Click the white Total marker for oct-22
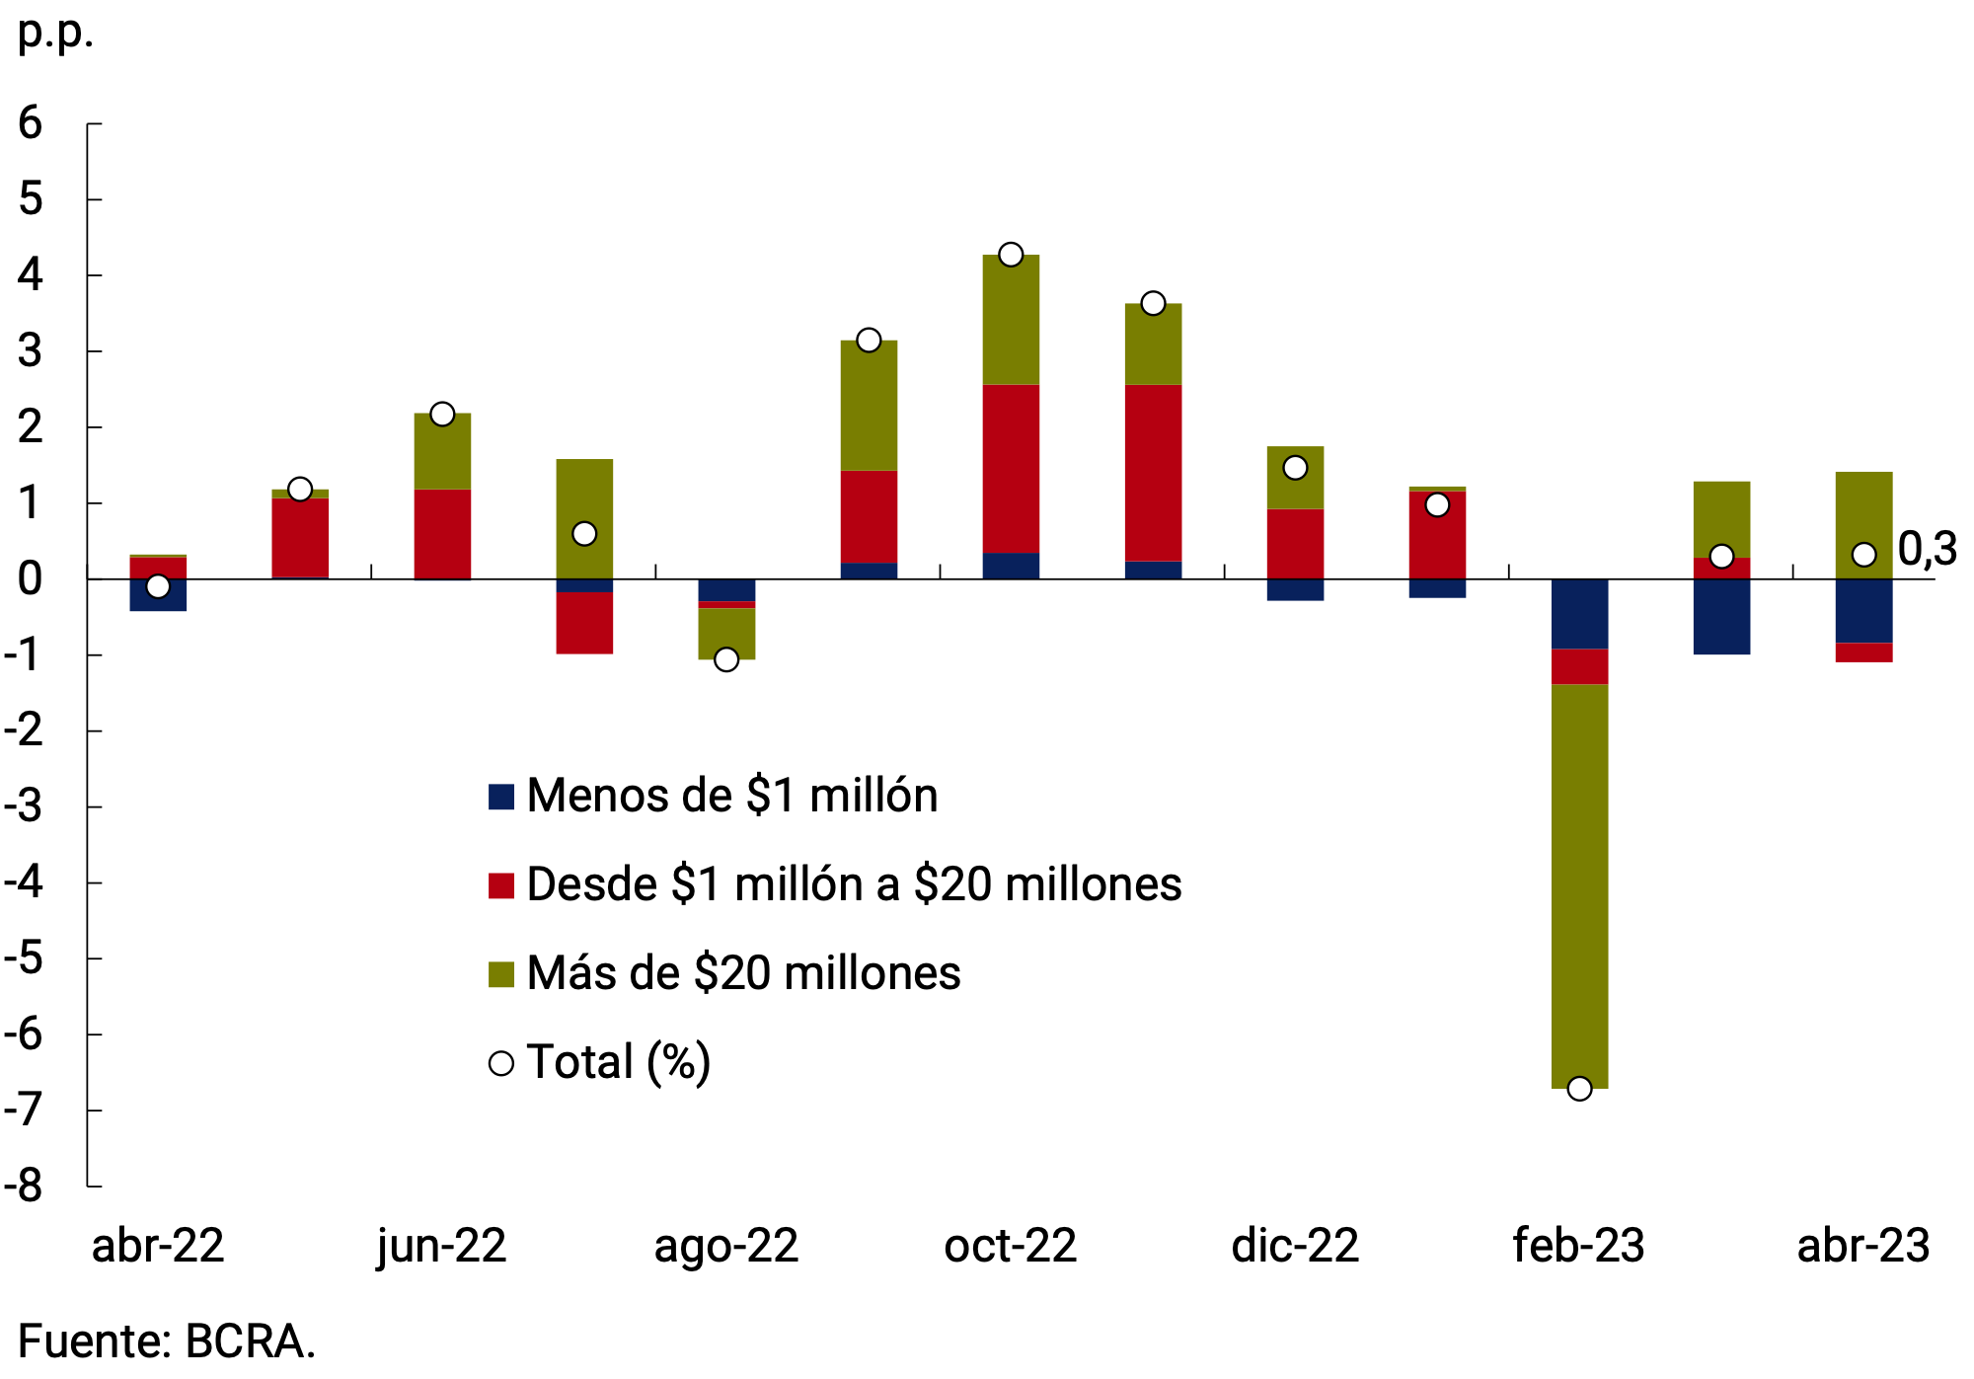tap(1011, 255)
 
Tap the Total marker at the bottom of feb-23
tap(1579, 1089)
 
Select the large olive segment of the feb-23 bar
tap(1579, 885)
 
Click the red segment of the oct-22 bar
tap(1011, 468)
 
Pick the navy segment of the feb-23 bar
tap(1579, 614)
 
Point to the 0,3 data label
tap(1928, 550)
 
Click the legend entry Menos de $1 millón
tap(731, 796)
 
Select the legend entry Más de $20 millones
tap(742, 973)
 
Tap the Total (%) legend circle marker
tap(501, 1063)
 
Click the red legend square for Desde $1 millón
tap(501, 885)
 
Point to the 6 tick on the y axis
tap(30, 123)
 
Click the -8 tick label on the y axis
tap(24, 1186)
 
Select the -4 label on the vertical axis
tap(24, 881)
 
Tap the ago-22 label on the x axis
tap(726, 1246)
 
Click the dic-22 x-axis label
tap(1295, 1246)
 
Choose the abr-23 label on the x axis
tap(1863, 1246)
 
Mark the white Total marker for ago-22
tap(726, 659)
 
